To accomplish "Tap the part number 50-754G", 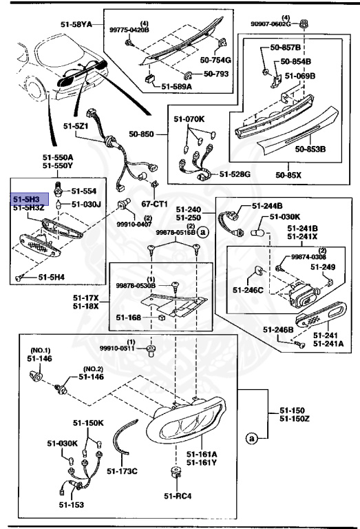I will pyautogui.click(x=215, y=61).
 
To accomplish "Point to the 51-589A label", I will pyautogui.click(x=178, y=86).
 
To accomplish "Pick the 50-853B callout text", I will pyautogui.click(x=311, y=148).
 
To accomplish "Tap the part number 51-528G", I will pyautogui.click(x=236, y=175).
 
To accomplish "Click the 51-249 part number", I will pyautogui.click(x=322, y=267).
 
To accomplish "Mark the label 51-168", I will pyautogui.click(x=128, y=318).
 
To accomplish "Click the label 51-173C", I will pyautogui.click(x=124, y=471).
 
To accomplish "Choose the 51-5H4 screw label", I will pyautogui.click(x=52, y=277).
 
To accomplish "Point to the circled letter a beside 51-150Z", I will pyautogui.click(x=252, y=437).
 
